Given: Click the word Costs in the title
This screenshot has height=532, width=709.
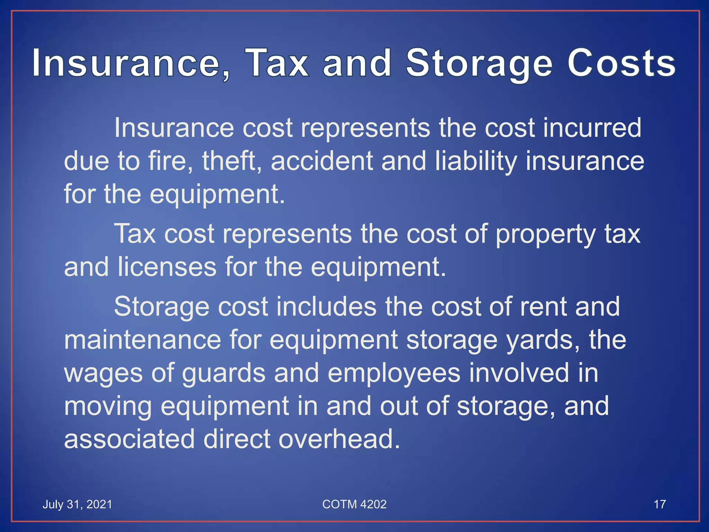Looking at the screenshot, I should (621, 64).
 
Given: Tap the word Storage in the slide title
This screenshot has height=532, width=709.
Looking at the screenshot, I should (479, 64).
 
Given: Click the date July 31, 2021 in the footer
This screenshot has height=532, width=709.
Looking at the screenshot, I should (77, 504).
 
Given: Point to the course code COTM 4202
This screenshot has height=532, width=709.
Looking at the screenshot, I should (354, 504).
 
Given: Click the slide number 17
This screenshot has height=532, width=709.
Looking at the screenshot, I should (659, 504).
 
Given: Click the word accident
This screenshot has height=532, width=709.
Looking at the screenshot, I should (322, 161).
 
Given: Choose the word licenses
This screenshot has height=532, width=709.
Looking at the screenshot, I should (167, 267).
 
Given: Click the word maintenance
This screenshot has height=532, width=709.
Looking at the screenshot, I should (143, 340).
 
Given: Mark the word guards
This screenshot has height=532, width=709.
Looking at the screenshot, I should (224, 373).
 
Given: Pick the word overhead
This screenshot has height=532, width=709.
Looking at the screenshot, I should (339, 439).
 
